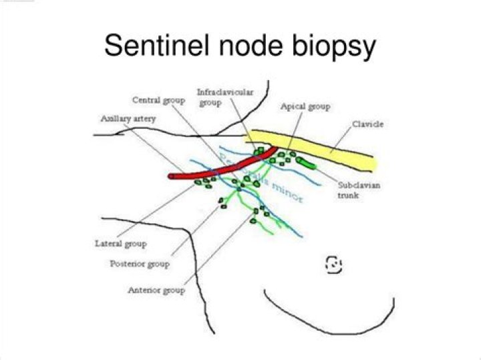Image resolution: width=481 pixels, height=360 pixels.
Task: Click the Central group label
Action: point(158,100)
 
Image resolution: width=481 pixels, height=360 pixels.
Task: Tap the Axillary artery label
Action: point(128,118)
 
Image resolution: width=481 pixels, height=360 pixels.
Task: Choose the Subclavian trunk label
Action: point(345,190)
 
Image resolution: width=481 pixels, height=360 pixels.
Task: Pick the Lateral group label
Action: point(120,244)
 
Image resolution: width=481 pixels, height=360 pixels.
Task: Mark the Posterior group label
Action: point(139,264)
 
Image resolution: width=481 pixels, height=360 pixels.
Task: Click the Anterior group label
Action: point(156,291)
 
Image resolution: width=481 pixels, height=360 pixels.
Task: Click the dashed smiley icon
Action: point(333,264)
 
